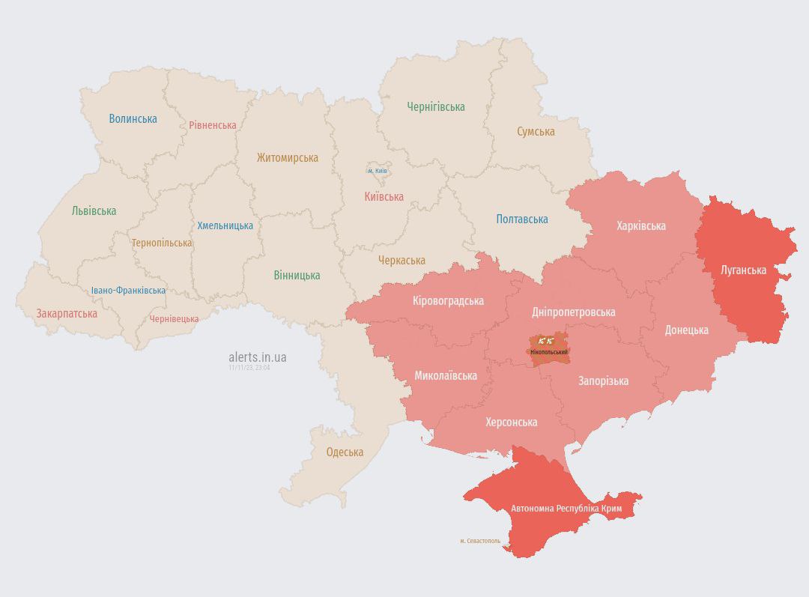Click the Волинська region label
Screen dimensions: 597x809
pos(133,118)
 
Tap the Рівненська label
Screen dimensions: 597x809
pos(212,125)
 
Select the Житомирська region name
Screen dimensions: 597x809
pos(287,158)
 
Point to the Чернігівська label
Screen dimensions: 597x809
pos(436,107)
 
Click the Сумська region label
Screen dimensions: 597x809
pos(536,132)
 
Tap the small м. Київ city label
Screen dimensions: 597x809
pos(377,171)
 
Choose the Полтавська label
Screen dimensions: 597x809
pos(521,219)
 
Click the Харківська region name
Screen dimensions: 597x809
pos(640,225)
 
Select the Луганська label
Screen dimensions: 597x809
pos(743,270)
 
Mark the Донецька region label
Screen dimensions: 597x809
pos(686,330)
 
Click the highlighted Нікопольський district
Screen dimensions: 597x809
pos(548,349)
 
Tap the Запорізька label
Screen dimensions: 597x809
pos(603,381)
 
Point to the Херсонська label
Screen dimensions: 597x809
pos(511,422)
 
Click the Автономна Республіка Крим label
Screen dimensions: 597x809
pos(566,509)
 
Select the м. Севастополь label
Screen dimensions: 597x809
pos(480,540)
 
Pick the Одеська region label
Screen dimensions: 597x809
pos(345,452)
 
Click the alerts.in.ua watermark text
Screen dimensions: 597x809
pos(257,357)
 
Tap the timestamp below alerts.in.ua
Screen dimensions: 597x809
pos(249,368)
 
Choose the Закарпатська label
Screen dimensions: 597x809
pos(67,314)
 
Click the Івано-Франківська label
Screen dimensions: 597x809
pos(128,291)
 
